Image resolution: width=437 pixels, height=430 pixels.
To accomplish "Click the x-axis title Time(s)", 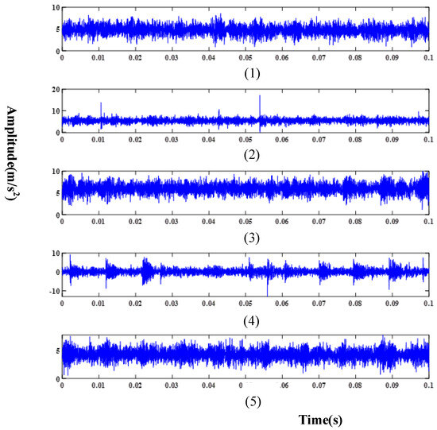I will (x=321, y=417).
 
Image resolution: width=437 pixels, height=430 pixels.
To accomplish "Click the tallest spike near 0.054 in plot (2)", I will (x=260, y=97).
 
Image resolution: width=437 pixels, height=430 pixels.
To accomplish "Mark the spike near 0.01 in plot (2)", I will (x=101, y=103).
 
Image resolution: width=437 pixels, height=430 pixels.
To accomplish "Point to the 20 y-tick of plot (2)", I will (x=54, y=90).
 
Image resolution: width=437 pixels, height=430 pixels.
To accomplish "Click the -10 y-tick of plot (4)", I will (x=52, y=292).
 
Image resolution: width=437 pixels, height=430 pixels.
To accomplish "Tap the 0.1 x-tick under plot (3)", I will (x=427, y=221).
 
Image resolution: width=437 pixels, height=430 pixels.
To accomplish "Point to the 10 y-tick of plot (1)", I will (x=54, y=8).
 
